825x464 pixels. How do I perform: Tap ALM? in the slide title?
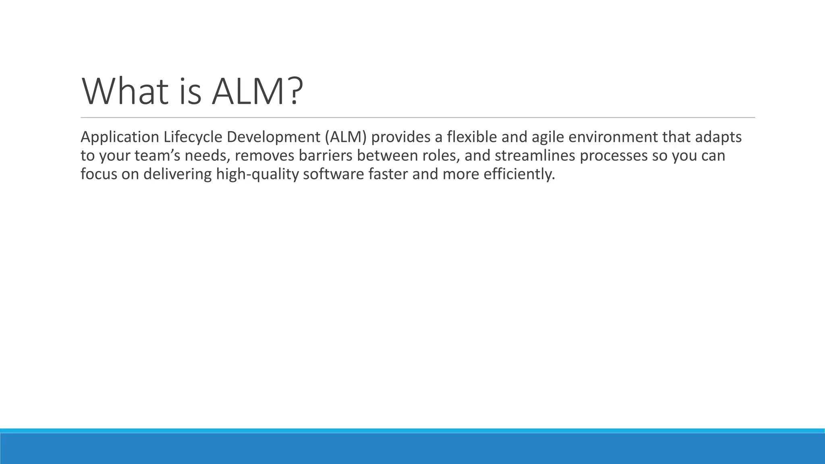pos(257,92)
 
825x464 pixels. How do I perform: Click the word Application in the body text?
pos(120,137)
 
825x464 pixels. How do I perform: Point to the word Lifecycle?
pos(193,137)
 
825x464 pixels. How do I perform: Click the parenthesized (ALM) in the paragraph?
pos(346,137)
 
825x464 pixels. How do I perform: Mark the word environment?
pos(613,137)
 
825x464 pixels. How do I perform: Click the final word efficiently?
pos(519,174)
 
